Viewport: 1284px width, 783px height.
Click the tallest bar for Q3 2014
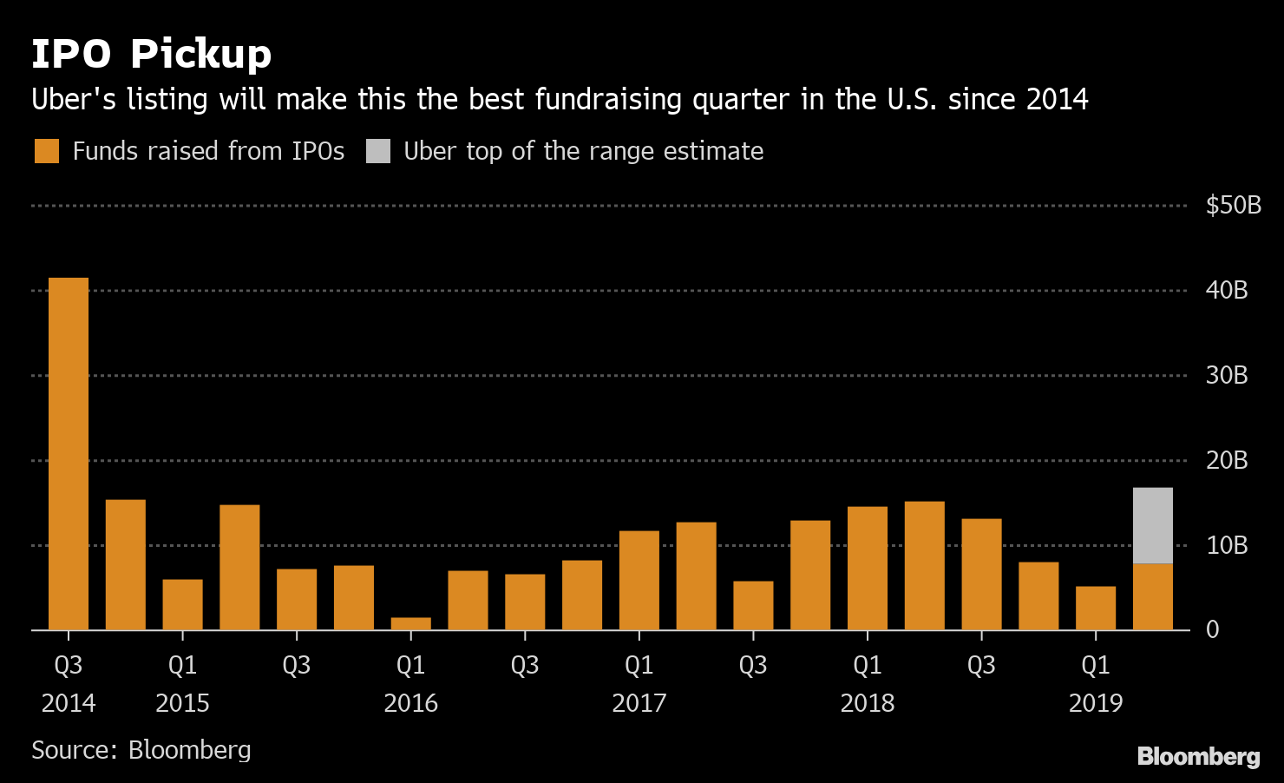pyautogui.click(x=69, y=453)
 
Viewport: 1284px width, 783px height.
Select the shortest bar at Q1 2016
pyautogui.click(x=411, y=623)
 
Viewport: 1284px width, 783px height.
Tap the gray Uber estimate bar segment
pyautogui.click(x=1153, y=525)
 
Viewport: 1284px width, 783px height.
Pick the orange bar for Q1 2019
pyautogui.click(x=1096, y=608)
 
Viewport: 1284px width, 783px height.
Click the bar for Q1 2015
pyautogui.click(x=182, y=604)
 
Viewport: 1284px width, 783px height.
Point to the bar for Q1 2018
pyautogui.click(x=868, y=568)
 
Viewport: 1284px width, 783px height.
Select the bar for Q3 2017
pyautogui.click(x=753, y=605)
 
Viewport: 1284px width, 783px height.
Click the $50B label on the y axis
pyautogui.click(x=1233, y=206)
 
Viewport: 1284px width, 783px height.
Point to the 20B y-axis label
pyautogui.click(x=1227, y=460)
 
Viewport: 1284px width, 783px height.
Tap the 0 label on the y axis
pyautogui.click(x=1213, y=629)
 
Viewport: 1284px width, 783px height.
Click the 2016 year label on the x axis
pyautogui.click(x=411, y=703)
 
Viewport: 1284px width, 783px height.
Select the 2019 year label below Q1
pyautogui.click(x=1096, y=703)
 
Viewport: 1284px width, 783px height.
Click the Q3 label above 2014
pyautogui.click(x=69, y=666)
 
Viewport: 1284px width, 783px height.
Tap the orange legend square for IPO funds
pyautogui.click(x=47, y=151)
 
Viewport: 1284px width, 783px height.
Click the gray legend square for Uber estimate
pyautogui.click(x=378, y=151)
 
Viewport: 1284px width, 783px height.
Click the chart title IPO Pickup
pyautogui.click(x=152, y=54)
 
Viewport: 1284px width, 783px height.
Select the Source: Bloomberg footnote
pyautogui.click(x=141, y=750)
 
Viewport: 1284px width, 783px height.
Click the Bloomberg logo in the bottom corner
pyautogui.click(x=1198, y=756)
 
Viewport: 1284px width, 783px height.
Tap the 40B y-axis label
pyautogui.click(x=1227, y=290)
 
